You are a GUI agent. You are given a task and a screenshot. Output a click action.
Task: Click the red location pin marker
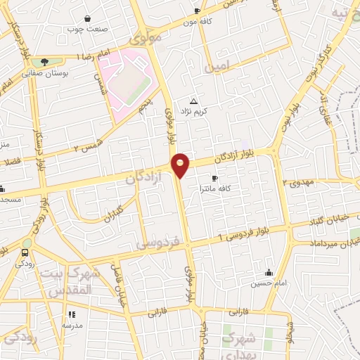(181, 164)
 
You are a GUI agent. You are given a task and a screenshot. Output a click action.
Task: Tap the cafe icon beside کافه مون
(197, 11)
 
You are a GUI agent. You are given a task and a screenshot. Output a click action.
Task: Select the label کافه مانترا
(216, 189)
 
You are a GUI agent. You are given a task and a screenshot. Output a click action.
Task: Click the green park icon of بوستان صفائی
(44, 62)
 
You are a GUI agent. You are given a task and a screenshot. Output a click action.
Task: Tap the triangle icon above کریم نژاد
(194, 101)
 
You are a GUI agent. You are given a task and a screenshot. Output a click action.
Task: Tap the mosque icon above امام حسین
(268, 273)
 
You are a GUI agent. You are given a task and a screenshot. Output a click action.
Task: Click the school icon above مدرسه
(71, 315)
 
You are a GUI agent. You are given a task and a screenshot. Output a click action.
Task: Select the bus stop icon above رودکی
(25, 253)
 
